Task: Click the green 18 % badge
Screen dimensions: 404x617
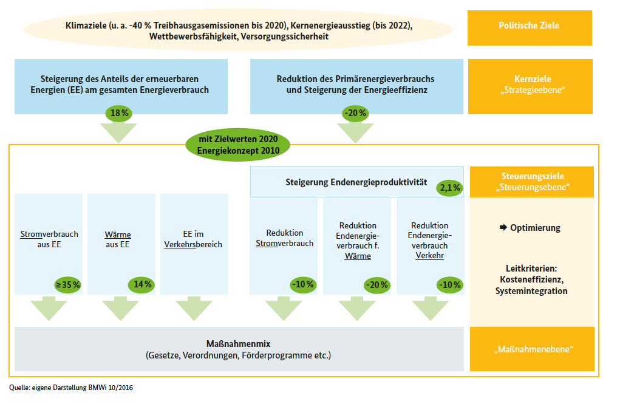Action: click(120, 112)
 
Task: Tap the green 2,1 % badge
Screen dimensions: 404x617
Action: click(449, 188)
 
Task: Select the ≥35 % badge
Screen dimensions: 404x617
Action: click(68, 284)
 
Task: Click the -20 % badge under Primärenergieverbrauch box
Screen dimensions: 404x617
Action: click(355, 112)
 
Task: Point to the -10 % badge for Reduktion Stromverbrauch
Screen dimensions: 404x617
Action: click(302, 284)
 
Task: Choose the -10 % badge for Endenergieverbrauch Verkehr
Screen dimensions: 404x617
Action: click(449, 284)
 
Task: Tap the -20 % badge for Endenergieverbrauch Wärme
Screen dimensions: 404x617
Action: click(376, 284)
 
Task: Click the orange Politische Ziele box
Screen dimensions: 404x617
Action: click(529, 26)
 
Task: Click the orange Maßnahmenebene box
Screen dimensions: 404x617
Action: click(532, 349)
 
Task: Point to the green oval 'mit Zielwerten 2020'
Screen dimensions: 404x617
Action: click(237, 145)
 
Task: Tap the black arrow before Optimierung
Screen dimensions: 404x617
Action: click(503, 228)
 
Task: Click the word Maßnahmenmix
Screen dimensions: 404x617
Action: click(238, 344)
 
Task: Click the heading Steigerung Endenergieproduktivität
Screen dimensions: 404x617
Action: click(356, 182)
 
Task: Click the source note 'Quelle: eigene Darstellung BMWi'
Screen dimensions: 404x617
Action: click(71, 386)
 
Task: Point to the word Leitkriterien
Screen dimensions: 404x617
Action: click(531, 268)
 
